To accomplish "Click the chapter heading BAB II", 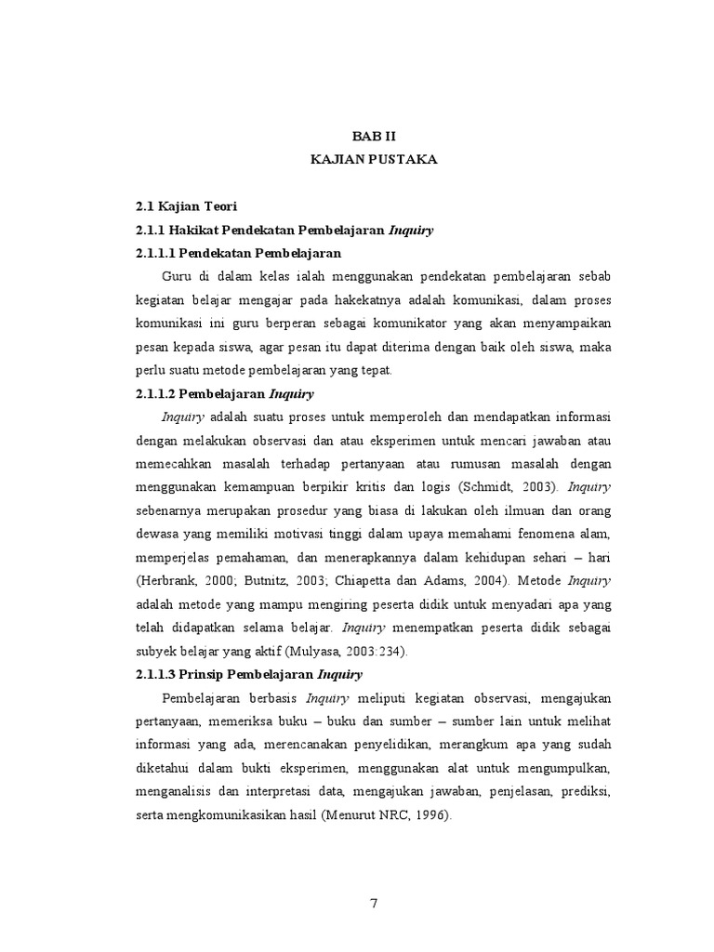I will click(x=374, y=136).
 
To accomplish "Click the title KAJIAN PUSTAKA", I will click(x=373, y=160).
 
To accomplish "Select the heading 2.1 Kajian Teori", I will click(x=186, y=206).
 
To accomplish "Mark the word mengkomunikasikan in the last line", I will click(x=232, y=814).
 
